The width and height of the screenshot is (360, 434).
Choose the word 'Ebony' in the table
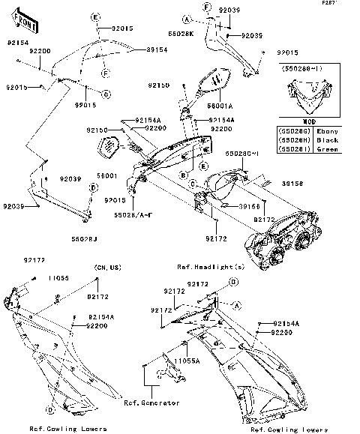[x=328, y=130]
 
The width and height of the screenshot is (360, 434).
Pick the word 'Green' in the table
[x=328, y=149]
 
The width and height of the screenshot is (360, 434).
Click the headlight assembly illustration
[x=281, y=240]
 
